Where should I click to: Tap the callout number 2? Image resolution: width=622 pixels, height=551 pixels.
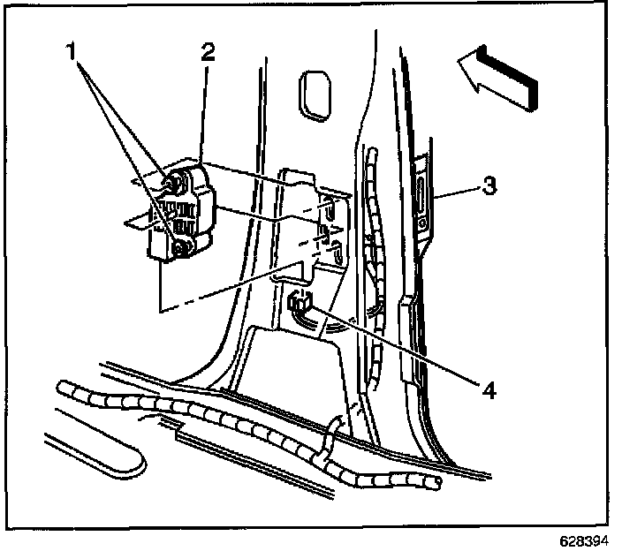207,51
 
